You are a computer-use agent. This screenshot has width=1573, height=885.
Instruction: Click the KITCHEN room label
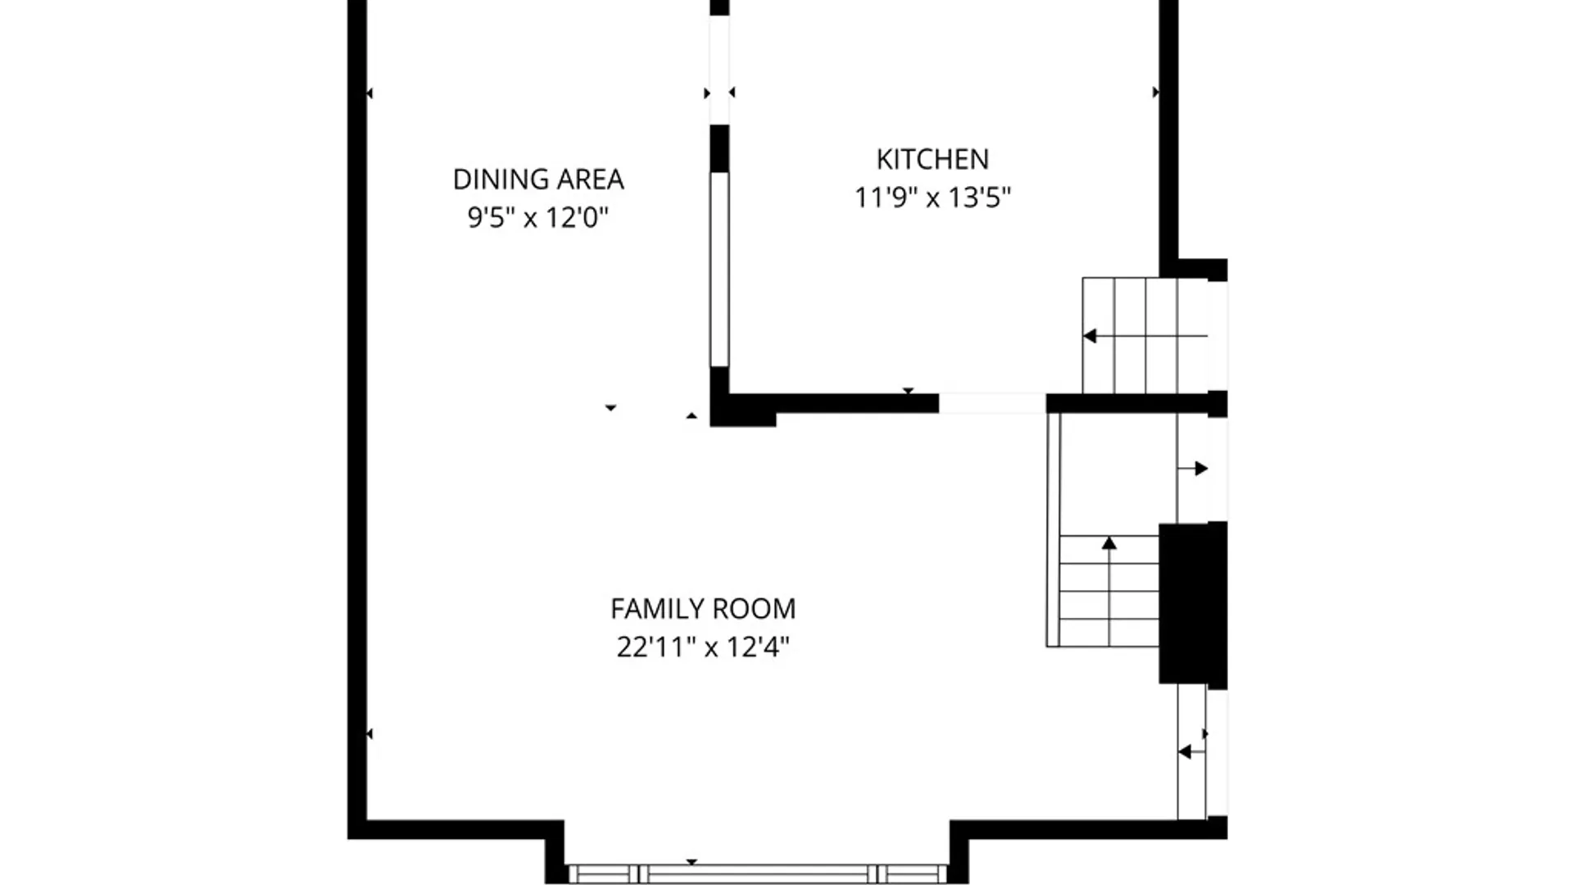click(932, 159)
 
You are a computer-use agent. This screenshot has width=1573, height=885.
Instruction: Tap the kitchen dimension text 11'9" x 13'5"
click(932, 198)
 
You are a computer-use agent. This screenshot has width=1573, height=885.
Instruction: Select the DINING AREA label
click(538, 179)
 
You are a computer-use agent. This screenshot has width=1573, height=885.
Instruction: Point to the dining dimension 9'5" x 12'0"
click(538, 218)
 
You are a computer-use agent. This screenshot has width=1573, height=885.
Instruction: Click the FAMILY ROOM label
click(703, 609)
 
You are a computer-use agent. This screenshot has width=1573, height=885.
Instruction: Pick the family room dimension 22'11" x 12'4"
click(703, 647)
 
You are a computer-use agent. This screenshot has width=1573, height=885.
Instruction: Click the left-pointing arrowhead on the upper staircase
click(1090, 336)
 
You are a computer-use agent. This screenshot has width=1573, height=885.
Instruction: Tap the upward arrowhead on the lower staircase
click(1109, 543)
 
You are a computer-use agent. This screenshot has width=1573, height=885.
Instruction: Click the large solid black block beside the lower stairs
click(1191, 604)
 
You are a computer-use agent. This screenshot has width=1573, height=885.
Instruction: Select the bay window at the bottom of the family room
click(758, 874)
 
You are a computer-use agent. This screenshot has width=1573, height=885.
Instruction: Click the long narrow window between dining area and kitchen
click(719, 269)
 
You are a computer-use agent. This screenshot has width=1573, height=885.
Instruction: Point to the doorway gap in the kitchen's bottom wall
click(991, 403)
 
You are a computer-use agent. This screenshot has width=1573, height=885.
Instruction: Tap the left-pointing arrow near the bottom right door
click(1185, 751)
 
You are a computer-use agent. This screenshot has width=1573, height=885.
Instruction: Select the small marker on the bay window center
click(691, 862)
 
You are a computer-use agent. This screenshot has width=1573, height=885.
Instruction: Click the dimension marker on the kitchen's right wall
click(1155, 93)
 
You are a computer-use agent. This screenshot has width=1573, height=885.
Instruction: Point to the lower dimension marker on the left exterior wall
click(369, 733)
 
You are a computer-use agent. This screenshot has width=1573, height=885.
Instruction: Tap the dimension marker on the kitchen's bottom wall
click(908, 391)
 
